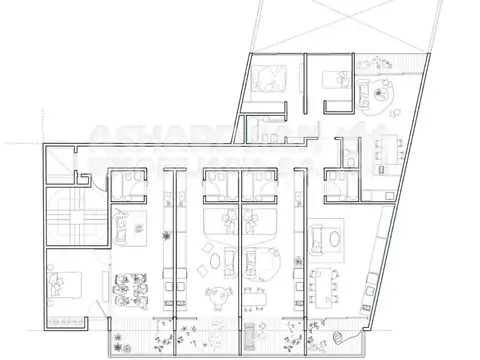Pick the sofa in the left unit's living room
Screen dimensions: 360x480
(x=122, y=228)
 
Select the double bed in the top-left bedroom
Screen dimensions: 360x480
(x=270, y=78)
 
